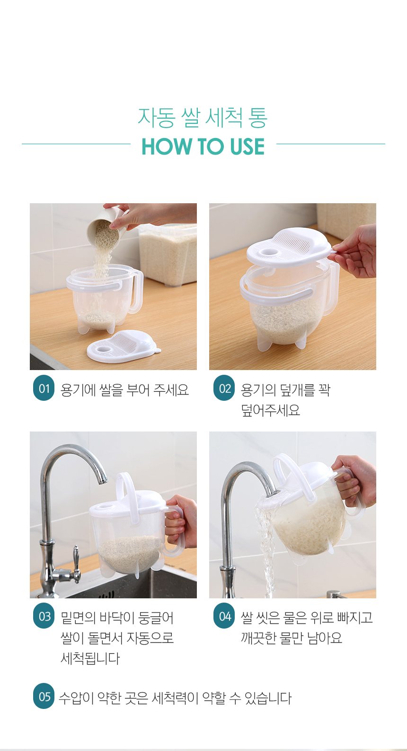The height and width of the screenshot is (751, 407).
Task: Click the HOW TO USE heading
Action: (x=203, y=147)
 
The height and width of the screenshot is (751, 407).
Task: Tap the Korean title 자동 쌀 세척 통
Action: (x=203, y=118)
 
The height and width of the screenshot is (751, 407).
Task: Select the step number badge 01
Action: (x=44, y=388)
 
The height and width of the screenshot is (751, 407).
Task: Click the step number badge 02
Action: (x=224, y=388)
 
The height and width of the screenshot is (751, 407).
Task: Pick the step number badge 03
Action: (x=44, y=616)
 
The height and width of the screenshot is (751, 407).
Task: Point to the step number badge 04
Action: (x=224, y=616)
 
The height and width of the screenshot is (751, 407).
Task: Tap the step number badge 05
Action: (x=44, y=696)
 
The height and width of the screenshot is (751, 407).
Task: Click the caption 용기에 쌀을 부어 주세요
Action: (x=124, y=389)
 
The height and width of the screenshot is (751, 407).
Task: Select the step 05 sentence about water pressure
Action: (x=175, y=698)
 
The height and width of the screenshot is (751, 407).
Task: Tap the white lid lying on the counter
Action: (x=123, y=346)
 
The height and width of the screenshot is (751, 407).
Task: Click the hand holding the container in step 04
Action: (x=354, y=479)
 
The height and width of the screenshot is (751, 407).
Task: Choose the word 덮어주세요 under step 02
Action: (x=270, y=410)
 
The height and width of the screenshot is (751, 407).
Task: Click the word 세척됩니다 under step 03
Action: (x=90, y=658)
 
